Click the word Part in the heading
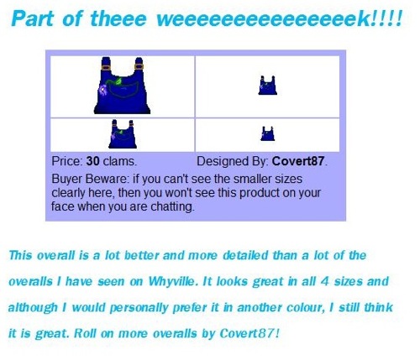pos(33,18)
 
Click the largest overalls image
pos(122,86)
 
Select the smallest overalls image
pos(268,133)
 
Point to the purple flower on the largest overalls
pos(103,90)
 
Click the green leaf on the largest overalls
pos(118,81)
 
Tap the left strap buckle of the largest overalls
pos(106,67)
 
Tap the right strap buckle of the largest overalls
pos(139,66)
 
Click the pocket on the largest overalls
pos(124,90)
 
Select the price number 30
pos(92,161)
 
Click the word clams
pos(120,161)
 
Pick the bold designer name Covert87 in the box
pos(298,161)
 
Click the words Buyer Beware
pos(90,179)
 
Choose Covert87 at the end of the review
pos(248,333)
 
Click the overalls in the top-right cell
pos(267,86)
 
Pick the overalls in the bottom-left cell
pos(123,134)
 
